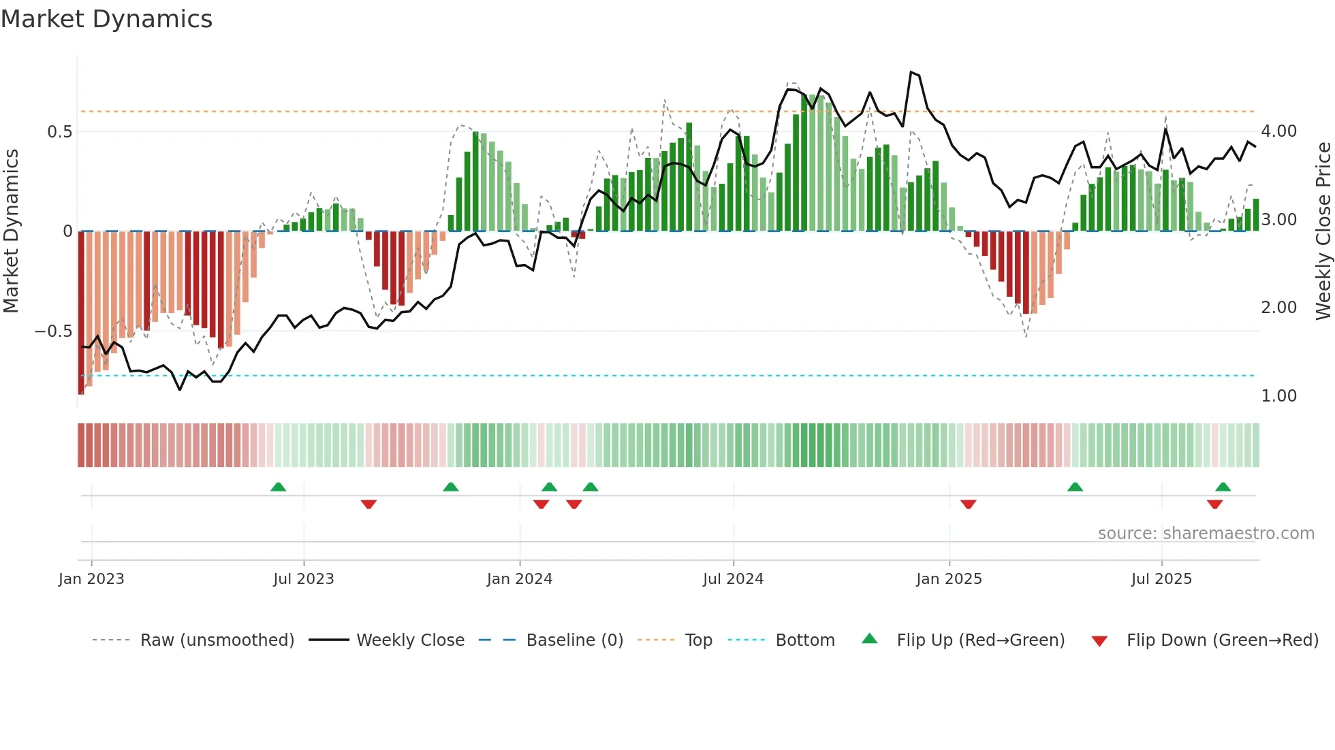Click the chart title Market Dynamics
point(107,19)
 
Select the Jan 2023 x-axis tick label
point(91,579)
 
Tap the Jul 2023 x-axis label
point(304,579)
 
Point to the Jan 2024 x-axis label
point(520,579)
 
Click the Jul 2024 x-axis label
point(734,579)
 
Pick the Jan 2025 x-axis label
point(949,579)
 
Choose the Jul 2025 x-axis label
point(1162,579)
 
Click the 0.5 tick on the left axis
point(60,132)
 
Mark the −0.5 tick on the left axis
point(54,331)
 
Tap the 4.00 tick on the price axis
point(1279,131)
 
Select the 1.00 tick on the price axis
point(1279,396)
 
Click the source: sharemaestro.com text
point(1206,534)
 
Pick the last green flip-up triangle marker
point(1223,487)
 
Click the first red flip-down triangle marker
point(368,504)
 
